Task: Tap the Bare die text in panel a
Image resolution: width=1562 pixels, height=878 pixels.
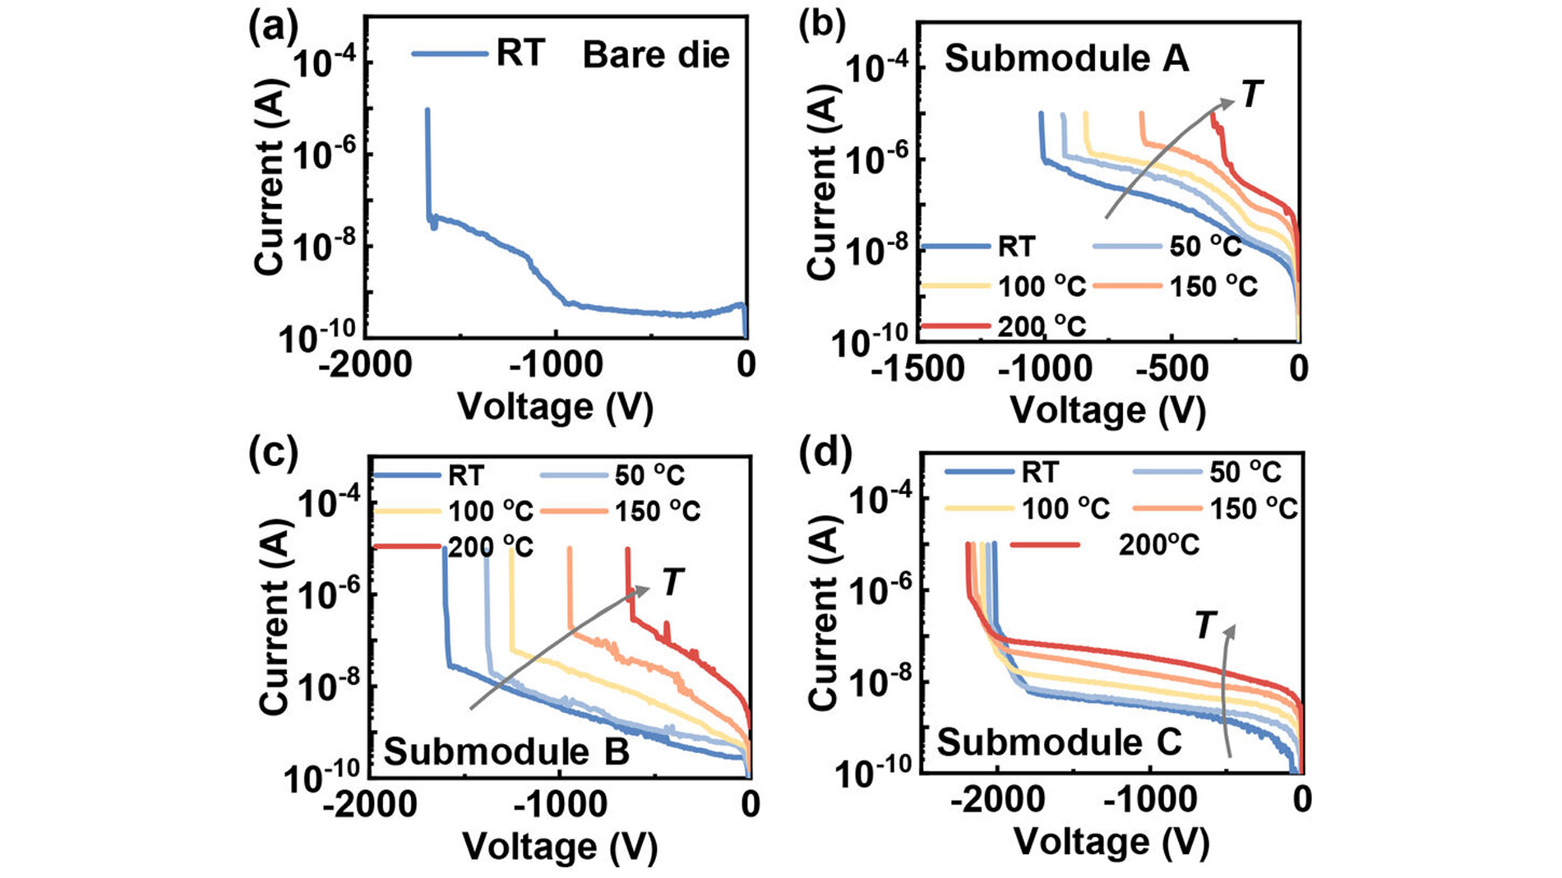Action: tap(656, 56)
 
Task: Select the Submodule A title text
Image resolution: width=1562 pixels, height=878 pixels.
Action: tap(1066, 59)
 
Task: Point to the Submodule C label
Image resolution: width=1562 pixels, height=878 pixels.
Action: tap(1059, 742)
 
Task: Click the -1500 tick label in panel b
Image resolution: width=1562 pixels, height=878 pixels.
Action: tap(917, 369)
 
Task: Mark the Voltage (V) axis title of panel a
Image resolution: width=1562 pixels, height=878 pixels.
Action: tap(555, 407)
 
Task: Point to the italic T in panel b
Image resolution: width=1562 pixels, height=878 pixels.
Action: tap(1250, 95)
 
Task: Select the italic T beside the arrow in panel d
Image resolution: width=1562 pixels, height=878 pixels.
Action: tap(1204, 626)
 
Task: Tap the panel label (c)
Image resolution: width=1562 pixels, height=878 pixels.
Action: tap(272, 452)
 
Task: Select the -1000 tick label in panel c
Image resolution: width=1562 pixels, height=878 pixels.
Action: tap(559, 805)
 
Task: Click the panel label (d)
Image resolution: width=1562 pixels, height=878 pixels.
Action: tap(824, 452)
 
